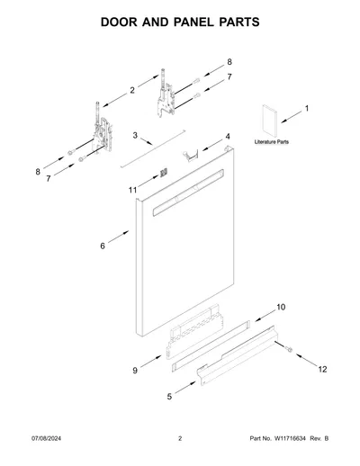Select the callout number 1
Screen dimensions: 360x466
point(307,108)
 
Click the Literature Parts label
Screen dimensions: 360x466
point(272,142)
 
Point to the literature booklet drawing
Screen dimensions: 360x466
point(269,121)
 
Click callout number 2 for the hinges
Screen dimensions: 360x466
point(132,90)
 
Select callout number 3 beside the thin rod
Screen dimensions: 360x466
point(135,135)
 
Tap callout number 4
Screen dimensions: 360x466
point(228,137)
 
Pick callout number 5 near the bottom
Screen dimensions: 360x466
point(169,397)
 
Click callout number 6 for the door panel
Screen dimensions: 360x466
point(103,246)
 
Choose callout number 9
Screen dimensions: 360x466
point(135,371)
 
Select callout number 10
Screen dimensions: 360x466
point(281,307)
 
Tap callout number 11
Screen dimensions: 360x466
point(132,190)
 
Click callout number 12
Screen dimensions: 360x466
point(322,370)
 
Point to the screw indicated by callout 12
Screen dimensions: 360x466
point(289,349)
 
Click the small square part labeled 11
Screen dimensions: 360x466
point(164,173)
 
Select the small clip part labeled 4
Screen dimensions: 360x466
point(190,156)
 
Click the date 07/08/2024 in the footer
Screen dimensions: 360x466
point(46,438)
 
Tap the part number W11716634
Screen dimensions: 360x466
point(289,438)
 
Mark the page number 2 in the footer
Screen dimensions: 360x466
point(180,438)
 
